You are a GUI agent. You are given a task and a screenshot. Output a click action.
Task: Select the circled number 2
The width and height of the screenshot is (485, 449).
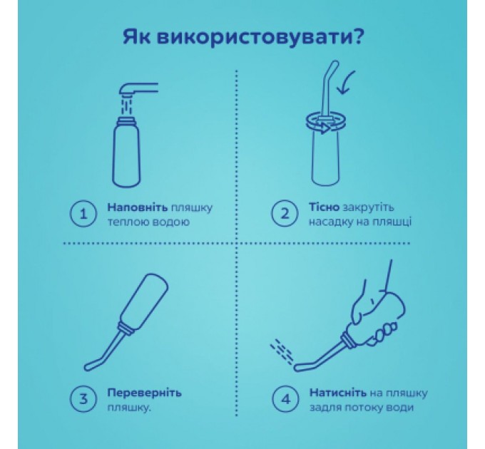[285, 214]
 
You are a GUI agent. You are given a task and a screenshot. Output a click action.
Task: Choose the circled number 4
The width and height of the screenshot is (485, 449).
[285, 399]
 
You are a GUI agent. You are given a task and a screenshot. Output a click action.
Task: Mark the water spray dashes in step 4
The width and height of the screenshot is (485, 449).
[282, 351]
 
